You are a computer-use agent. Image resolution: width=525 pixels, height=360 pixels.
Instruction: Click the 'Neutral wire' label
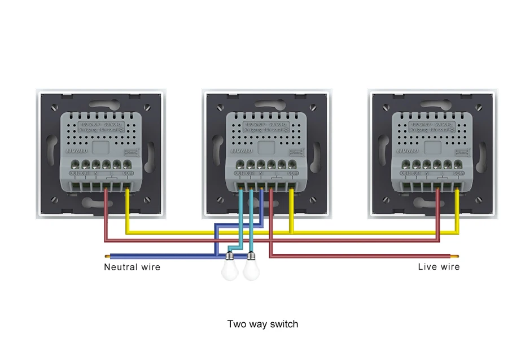[132, 267]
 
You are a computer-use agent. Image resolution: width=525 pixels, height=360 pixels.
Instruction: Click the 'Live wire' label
[439, 266]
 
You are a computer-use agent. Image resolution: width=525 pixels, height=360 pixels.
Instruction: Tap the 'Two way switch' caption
[262, 324]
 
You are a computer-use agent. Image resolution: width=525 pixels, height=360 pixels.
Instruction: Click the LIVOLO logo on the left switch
[73, 151]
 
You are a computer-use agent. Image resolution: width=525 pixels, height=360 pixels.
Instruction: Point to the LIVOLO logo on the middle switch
[239, 151]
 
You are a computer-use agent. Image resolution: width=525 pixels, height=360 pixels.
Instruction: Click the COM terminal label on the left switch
[127, 173]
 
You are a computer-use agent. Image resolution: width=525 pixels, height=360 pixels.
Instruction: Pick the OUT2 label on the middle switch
[239, 173]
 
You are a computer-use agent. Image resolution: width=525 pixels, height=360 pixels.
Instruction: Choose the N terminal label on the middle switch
[261, 173]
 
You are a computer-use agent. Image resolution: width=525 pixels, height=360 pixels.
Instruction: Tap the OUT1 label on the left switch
[85, 173]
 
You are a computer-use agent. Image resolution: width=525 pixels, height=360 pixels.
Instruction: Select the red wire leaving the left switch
[106, 214]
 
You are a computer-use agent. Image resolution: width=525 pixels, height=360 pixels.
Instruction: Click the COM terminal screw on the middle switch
[292, 164]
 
